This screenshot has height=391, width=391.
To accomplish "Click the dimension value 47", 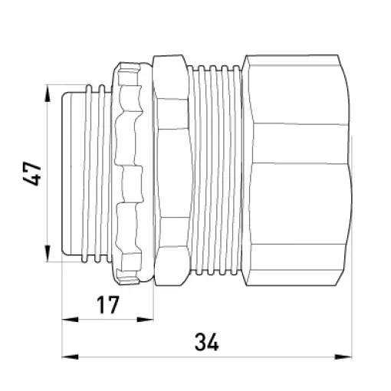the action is tap(32, 173).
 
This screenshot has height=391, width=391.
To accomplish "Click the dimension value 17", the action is tap(108, 305).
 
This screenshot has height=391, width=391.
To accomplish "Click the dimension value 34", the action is tap(207, 342).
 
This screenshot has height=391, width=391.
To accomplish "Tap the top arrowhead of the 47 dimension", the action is tap(48, 94).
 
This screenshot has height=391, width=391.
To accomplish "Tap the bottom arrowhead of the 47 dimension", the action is tap(48, 253).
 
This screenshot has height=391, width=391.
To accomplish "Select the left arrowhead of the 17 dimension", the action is tap(71, 320).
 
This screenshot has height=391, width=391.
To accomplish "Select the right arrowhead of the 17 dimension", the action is tap(145, 320).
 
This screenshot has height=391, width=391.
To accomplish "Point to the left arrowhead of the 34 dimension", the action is tap(71, 356).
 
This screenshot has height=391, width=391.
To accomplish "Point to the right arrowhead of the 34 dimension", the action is tap(343, 356).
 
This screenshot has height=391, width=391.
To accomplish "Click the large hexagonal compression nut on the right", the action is tap(297, 170).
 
